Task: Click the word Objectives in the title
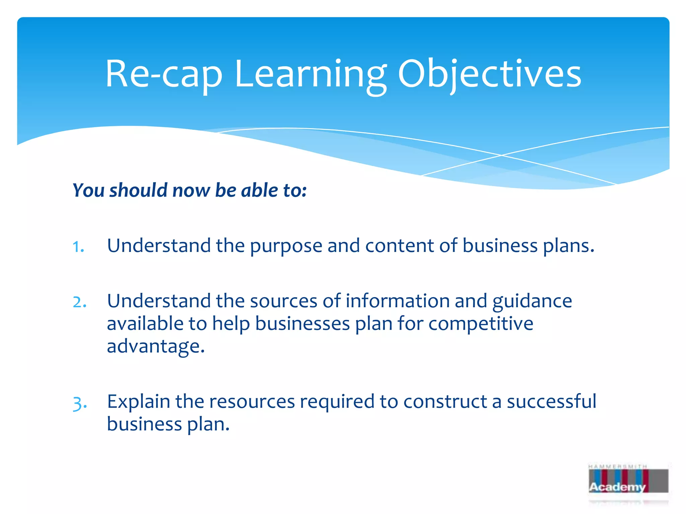coord(489,74)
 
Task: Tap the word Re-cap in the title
coord(164,74)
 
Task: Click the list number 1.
coord(78,247)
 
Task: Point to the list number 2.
coord(79,302)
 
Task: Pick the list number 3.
coord(80,403)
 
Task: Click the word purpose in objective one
coord(286,246)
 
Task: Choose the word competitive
coord(481,324)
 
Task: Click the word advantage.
coord(155,346)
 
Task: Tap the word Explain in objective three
coord(138,402)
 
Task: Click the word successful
coord(551,402)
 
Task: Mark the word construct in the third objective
coord(445,402)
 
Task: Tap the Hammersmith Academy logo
coord(628,482)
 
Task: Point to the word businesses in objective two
coord(302,324)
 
